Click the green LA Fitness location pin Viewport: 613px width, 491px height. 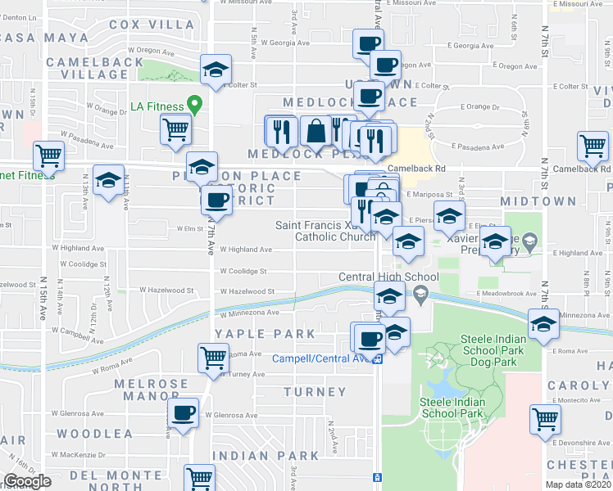pyautogui.click(x=194, y=106)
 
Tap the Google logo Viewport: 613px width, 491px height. pyautogui.click(x=28, y=482)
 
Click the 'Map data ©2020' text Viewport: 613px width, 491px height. pyautogui.click(x=579, y=485)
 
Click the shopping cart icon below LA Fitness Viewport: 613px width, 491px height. pyautogui.click(x=176, y=128)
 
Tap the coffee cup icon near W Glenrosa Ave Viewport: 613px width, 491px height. pyautogui.click(x=183, y=412)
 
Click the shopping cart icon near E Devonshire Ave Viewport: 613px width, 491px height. pyautogui.click(x=546, y=418)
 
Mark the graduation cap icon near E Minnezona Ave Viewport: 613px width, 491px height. pyautogui.click(x=543, y=323)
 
